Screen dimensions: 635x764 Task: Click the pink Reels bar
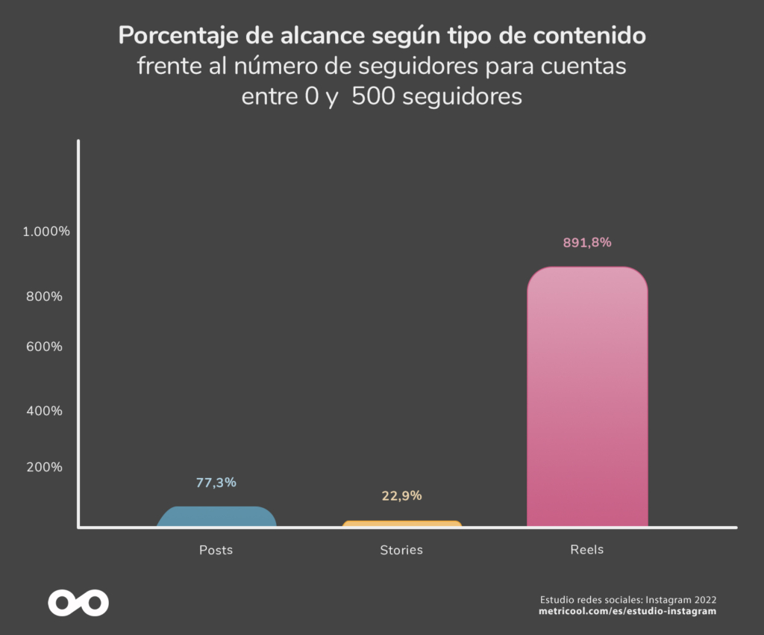click(587, 397)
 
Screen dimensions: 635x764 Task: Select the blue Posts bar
click(216, 517)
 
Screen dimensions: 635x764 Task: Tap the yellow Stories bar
click(401, 524)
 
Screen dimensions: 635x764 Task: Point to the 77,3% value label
click(216, 483)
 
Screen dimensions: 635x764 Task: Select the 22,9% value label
click(401, 495)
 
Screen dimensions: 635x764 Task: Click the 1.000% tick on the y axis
click(46, 232)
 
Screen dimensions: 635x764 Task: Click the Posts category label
click(216, 550)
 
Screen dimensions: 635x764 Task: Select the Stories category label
click(401, 550)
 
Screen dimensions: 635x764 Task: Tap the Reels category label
click(587, 549)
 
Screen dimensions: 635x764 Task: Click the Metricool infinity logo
click(78, 602)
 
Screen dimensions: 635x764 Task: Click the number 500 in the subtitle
click(375, 97)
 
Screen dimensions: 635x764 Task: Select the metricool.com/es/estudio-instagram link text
click(627, 611)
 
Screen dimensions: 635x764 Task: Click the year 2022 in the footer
click(704, 599)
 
